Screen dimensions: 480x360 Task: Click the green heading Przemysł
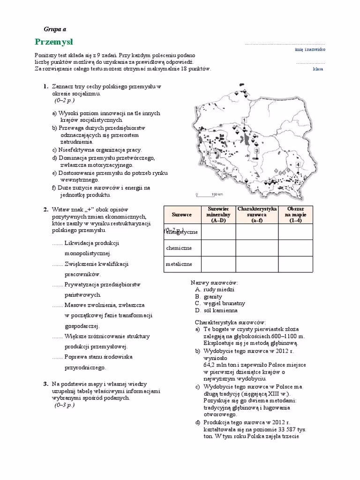[x=53, y=41]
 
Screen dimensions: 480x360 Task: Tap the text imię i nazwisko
[x=310, y=49]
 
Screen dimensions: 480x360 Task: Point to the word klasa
[x=318, y=69]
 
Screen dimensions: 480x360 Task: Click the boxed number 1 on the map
[x=244, y=120]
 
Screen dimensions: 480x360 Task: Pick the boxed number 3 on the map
[x=256, y=150]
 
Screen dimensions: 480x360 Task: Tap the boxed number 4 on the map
[x=298, y=165]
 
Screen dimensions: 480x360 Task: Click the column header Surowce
[x=182, y=214]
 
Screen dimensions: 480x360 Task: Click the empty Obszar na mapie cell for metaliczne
[x=295, y=264]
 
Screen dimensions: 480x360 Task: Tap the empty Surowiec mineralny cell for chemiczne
[x=218, y=248]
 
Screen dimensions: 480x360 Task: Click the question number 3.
[x=45, y=384]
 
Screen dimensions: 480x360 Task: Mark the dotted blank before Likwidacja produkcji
[x=57, y=243]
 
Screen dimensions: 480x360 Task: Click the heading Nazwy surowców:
[x=214, y=283]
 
